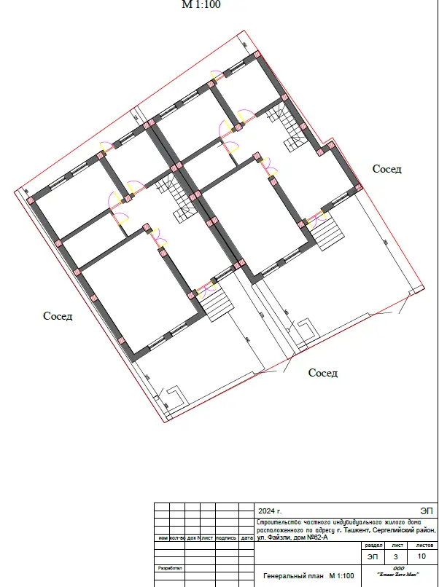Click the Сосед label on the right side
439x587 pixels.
pyautogui.click(x=387, y=169)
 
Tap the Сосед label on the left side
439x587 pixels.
pyautogui.click(x=58, y=316)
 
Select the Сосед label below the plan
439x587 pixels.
pyautogui.click(x=323, y=373)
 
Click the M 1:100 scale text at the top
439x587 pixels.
pyautogui.click(x=201, y=4)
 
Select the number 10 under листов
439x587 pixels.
pyautogui.click(x=422, y=556)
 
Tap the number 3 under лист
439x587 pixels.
pyautogui.click(x=397, y=556)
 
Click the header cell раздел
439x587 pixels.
pyautogui.click(x=373, y=545)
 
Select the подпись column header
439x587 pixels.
pyautogui.click(x=226, y=538)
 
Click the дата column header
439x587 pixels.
pyautogui.click(x=246, y=538)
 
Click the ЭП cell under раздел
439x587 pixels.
pyautogui.click(x=373, y=556)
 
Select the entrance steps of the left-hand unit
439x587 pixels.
pyautogui.click(x=216, y=302)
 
